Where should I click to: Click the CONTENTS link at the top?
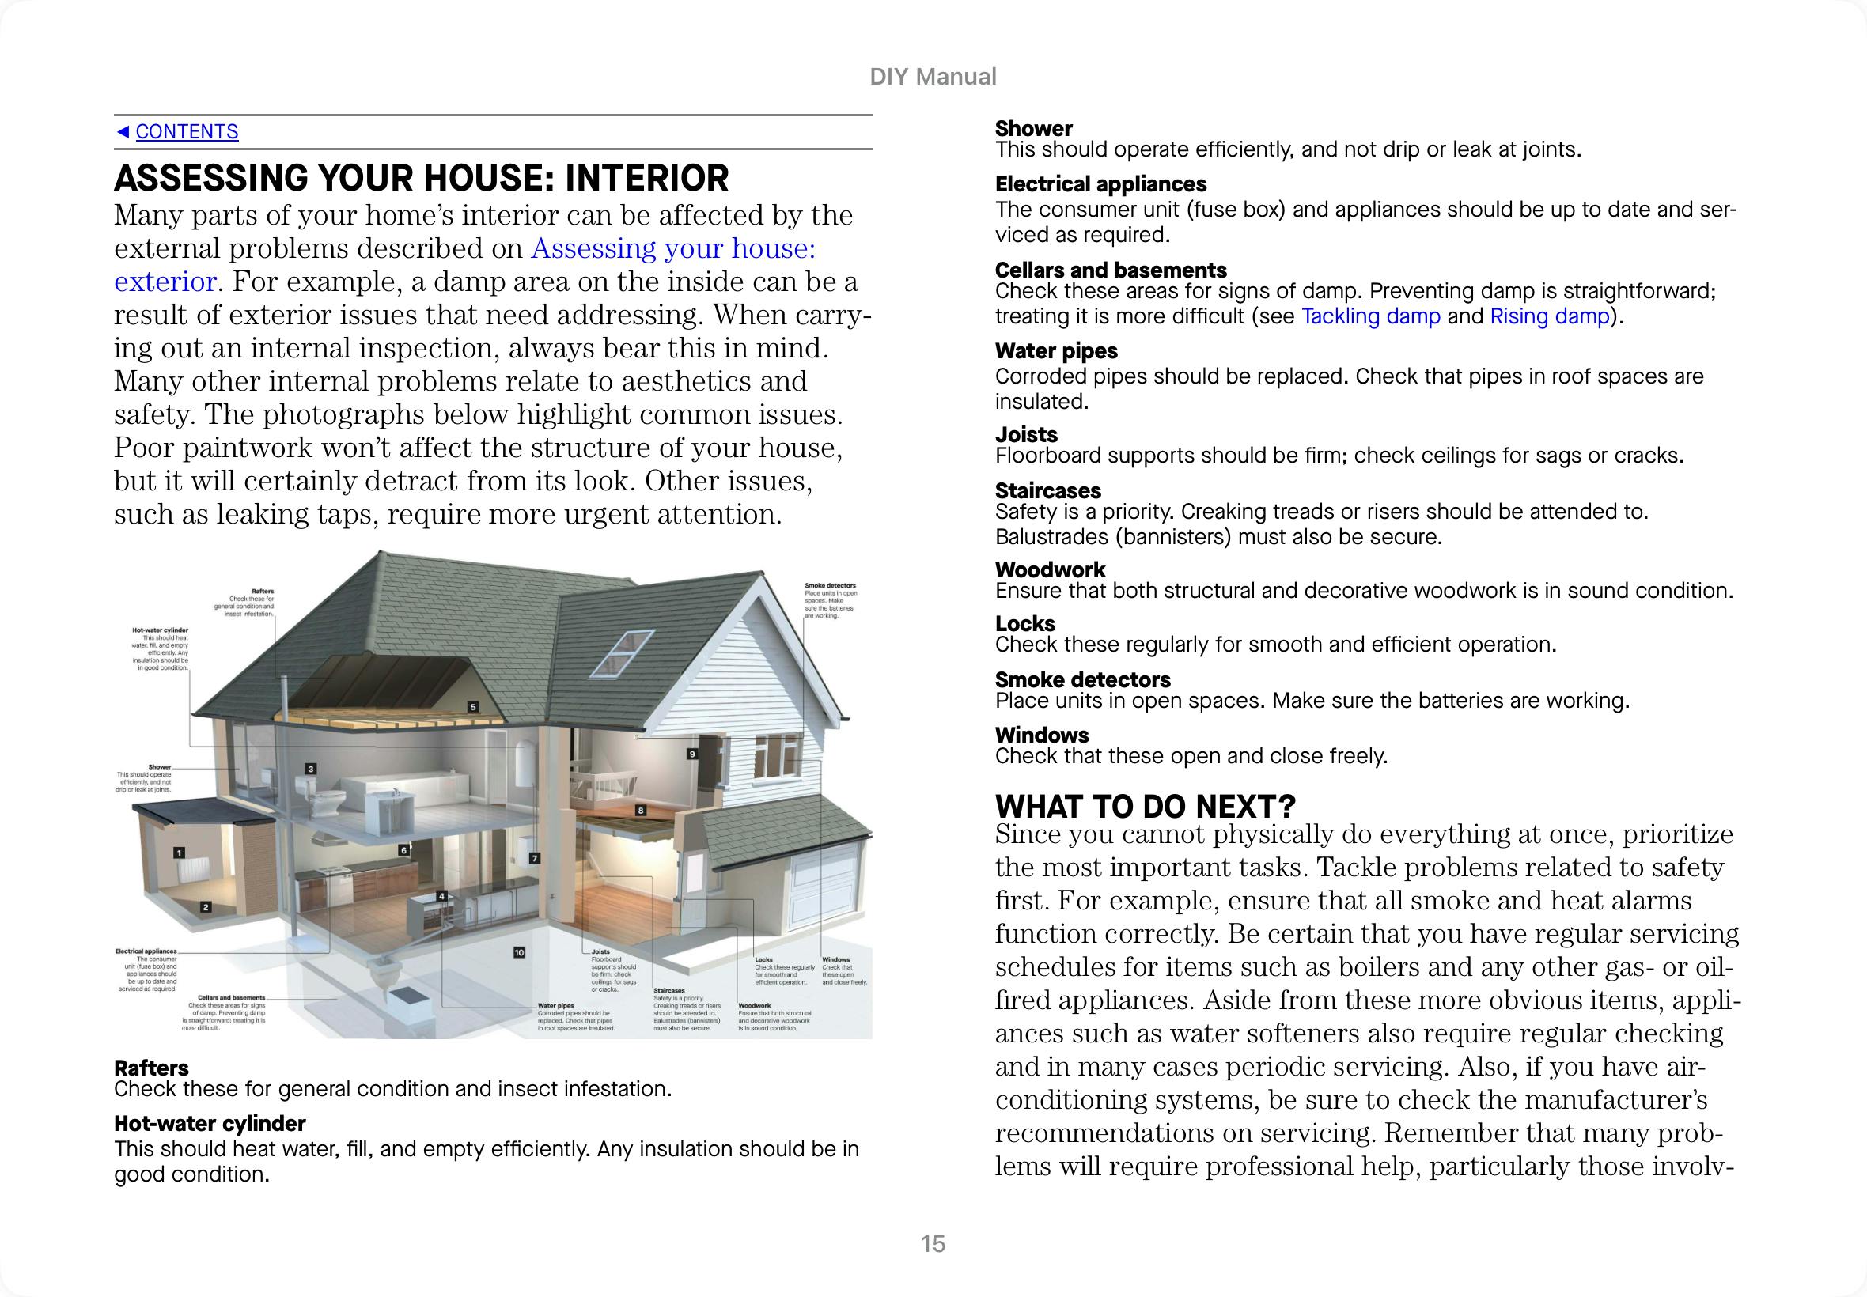[x=186, y=131]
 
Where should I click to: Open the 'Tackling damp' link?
[x=1370, y=316]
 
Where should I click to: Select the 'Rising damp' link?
[x=1549, y=316]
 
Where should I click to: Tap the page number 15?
[x=933, y=1243]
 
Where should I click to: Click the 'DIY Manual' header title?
[x=933, y=77]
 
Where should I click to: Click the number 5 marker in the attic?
[x=473, y=707]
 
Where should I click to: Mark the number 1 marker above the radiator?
[x=179, y=853]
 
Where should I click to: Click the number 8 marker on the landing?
[x=641, y=810]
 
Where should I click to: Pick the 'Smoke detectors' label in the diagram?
[x=830, y=585]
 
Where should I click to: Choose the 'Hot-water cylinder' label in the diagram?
[x=160, y=630]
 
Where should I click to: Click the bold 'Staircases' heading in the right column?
[x=1047, y=491]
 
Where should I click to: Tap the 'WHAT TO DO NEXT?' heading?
[x=1145, y=806]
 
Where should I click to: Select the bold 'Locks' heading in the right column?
[x=1025, y=623]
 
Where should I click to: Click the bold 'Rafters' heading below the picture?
[x=151, y=1068]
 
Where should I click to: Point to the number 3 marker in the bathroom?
[x=310, y=769]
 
